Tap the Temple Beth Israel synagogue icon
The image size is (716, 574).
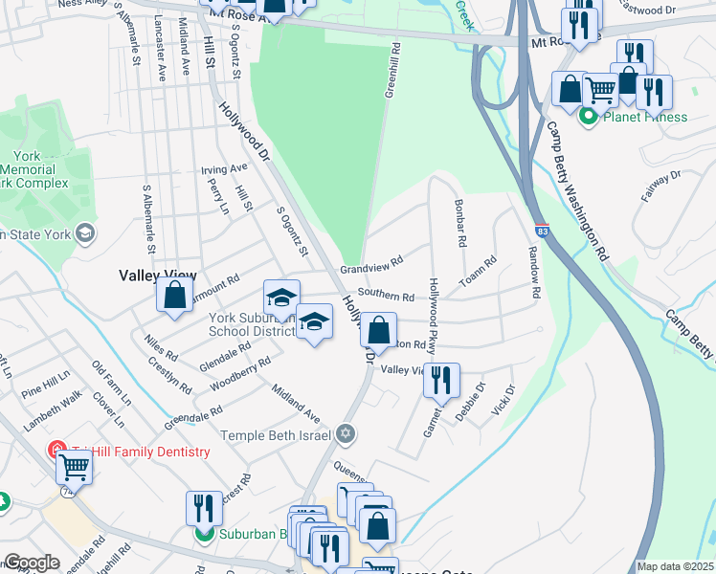(347, 435)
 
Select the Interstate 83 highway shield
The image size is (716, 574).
(542, 232)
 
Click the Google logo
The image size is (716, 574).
(32, 563)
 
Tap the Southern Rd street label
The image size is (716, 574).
(386, 297)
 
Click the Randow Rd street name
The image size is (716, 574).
(533, 272)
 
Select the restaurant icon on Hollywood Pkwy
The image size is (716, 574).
(442, 381)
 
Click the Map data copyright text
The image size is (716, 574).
(676, 566)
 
